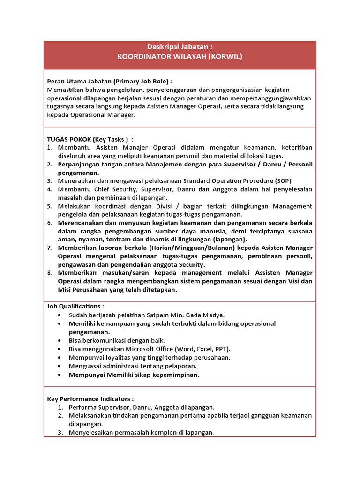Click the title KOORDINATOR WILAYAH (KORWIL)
click(180, 57)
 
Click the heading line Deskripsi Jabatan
click(180, 47)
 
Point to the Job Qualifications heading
click(75, 306)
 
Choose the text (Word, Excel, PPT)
click(202, 349)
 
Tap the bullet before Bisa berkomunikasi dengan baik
click(59, 341)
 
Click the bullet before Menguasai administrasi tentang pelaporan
click(59, 366)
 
